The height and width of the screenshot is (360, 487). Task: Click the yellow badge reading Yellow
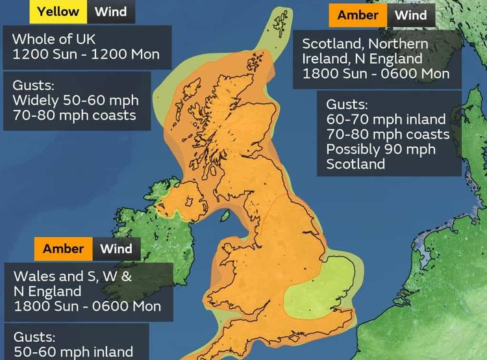coord(58,11)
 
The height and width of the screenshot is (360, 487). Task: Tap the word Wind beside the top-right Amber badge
coord(411,15)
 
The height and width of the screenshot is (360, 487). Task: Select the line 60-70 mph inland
coord(386,120)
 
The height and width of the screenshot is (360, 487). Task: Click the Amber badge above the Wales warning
coord(64,249)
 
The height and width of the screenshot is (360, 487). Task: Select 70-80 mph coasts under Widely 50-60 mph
coord(74,115)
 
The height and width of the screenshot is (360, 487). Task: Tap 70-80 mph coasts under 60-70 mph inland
coord(388,135)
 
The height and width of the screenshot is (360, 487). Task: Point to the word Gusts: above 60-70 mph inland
coord(347,105)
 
